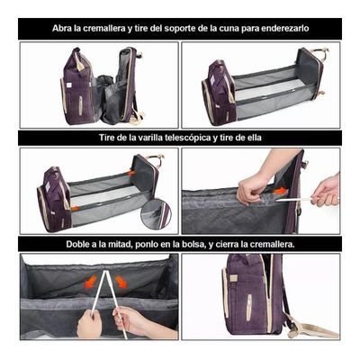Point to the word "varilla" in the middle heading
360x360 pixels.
(x=150, y=138)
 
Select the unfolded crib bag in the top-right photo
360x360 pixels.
(x=261, y=87)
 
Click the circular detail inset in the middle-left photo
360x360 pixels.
(x=155, y=213)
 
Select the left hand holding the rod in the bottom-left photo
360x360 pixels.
(x=90, y=322)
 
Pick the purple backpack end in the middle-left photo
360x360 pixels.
(x=54, y=198)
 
